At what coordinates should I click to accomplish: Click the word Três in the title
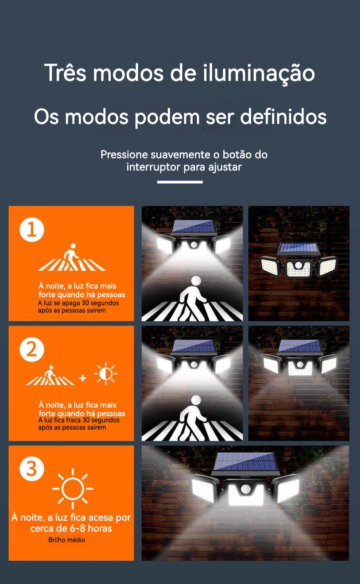pos(65,73)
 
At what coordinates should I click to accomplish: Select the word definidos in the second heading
pos(283,117)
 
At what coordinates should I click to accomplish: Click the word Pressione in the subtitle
pos(124,155)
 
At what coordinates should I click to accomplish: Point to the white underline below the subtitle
pos(180,182)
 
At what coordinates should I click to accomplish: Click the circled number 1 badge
pos(32,230)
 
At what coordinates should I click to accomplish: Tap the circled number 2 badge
pos(32,349)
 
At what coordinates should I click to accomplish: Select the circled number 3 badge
pos(32,469)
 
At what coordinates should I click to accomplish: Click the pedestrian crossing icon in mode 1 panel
pos(72,257)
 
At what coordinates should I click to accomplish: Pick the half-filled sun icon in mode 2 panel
pos(106,374)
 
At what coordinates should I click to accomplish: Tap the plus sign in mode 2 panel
pos(83,378)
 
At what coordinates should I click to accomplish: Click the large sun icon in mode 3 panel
pos(73,489)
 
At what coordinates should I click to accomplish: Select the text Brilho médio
pos(67,540)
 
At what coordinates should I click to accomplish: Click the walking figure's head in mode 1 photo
pos(196,281)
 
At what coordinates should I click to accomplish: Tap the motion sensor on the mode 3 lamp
pos(245,489)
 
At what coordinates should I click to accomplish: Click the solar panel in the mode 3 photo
pos(245,463)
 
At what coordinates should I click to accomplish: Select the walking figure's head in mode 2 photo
pos(196,401)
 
